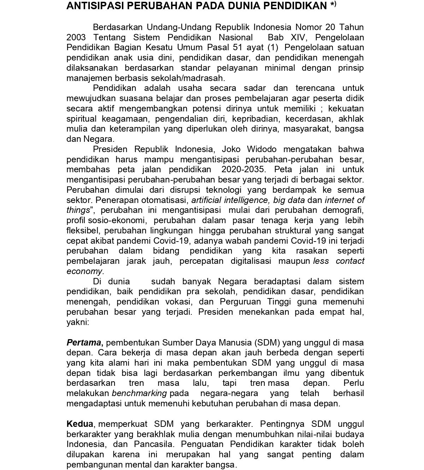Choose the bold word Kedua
80,424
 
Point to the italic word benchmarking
139,394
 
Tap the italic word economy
85,272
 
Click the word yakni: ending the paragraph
77,323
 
